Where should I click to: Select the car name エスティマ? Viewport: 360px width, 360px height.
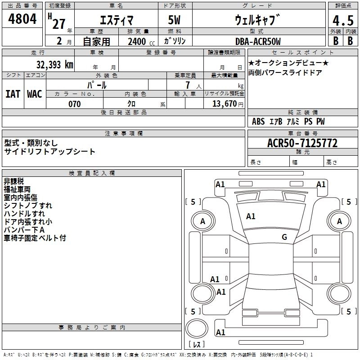coord(116,20)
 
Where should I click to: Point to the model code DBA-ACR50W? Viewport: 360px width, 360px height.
coord(258,42)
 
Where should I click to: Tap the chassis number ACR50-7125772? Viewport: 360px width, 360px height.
coord(302,143)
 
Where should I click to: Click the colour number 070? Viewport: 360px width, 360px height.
coord(74,104)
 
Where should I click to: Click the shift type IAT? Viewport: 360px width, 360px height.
coord(13,94)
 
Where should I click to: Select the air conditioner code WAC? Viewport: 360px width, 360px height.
coord(34,94)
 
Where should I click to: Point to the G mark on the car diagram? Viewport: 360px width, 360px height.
coord(284,237)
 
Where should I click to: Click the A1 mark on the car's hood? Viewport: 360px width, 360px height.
coord(251,216)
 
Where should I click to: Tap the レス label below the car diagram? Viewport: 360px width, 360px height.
coord(197,345)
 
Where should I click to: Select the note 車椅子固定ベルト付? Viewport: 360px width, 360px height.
coord(35,238)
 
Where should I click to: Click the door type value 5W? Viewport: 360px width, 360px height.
coord(175,20)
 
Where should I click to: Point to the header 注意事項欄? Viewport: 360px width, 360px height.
coord(124,134)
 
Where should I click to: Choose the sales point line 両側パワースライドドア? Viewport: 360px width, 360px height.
coord(285,72)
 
